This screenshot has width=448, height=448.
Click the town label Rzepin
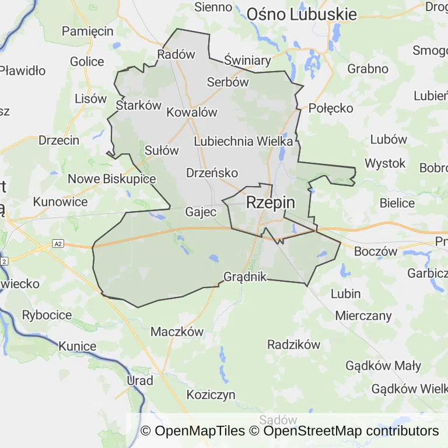point(271,202)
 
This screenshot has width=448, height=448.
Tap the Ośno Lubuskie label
point(302,14)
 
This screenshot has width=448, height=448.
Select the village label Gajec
point(201,212)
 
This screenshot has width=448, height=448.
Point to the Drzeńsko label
point(212,173)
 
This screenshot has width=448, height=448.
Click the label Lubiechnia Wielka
point(243,141)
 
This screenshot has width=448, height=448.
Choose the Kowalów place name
point(192,112)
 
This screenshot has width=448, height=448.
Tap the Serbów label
point(228,82)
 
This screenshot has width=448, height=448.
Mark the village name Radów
point(176,54)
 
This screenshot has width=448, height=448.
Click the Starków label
point(138,106)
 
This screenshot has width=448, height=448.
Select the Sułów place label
point(162,150)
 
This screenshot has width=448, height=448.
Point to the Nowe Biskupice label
point(112,178)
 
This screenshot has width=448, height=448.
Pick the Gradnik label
point(245,276)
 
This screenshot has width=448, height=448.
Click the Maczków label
point(177,331)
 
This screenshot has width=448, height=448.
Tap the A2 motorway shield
point(57,243)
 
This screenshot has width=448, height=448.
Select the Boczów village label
point(376,251)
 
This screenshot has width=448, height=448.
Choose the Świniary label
point(247,60)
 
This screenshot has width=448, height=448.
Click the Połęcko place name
point(331,108)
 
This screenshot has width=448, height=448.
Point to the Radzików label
point(294,344)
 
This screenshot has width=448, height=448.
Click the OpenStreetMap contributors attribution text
point(351,431)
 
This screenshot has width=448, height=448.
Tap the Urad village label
point(140,381)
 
